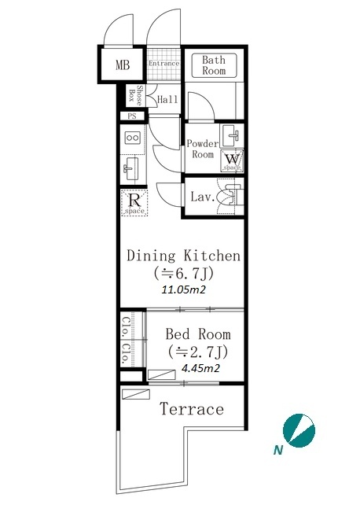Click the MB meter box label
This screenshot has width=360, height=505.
[x=123, y=65]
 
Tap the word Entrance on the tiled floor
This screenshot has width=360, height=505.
[x=163, y=64]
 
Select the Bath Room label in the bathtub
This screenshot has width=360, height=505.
[x=214, y=65]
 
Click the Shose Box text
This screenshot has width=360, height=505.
[x=135, y=96]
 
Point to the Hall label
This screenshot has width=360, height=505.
[x=167, y=100]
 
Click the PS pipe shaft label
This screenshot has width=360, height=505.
[x=132, y=116]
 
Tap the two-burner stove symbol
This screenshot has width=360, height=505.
[x=133, y=138]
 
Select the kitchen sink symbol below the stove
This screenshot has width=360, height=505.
[x=131, y=169]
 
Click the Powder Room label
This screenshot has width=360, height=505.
[x=203, y=149]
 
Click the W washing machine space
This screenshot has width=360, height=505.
[x=233, y=160]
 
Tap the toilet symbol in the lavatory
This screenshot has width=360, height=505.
[x=229, y=197]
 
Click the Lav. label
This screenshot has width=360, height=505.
[x=203, y=197]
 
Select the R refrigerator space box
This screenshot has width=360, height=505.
[x=134, y=203]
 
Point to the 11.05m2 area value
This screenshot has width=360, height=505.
[x=183, y=289]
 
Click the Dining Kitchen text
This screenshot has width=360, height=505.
[x=183, y=256]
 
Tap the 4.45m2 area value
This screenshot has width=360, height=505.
[x=200, y=368]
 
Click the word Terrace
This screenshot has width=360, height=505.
[x=192, y=409]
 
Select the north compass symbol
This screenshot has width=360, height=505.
[x=299, y=430]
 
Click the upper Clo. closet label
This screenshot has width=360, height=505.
[x=126, y=327]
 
